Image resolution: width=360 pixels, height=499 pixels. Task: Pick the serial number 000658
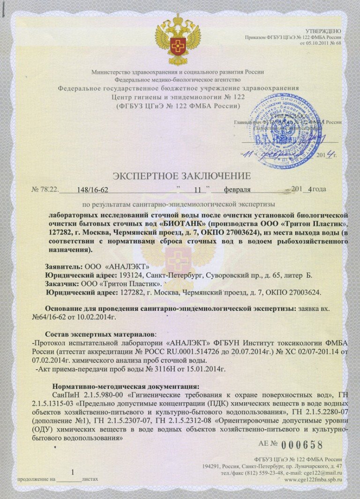pos(304,445)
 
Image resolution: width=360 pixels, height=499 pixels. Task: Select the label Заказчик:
pos(63,284)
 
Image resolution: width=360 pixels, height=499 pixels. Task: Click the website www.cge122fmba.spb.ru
pos(313,480)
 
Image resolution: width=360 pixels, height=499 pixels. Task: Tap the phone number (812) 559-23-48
pos(254,473)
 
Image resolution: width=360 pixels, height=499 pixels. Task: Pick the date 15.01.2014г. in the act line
pos(205,369)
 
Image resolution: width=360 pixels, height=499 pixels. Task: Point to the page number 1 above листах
pos(72,472)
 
